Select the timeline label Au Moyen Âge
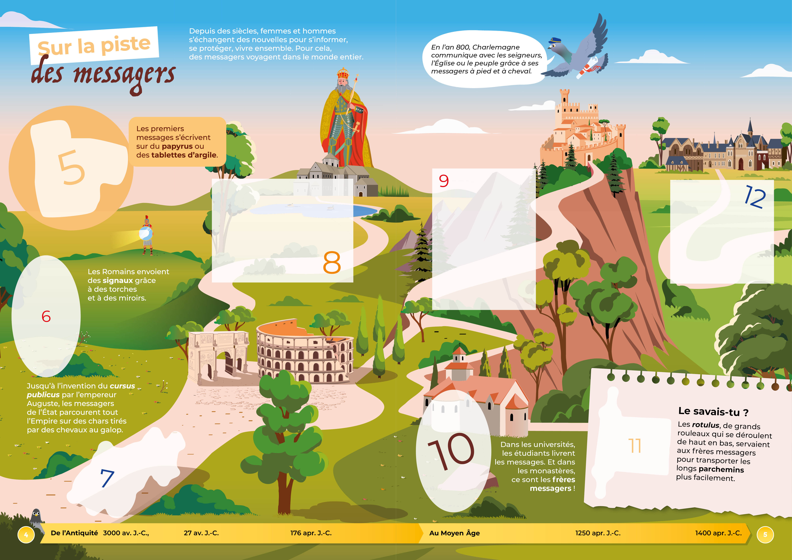pyautogui.click(x=454, y=533)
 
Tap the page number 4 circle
pyautogui.click(x=26, y=535)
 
